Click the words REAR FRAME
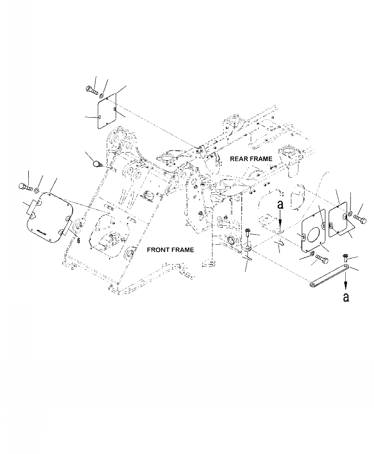[x=251, y=159]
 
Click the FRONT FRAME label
[x=170, y=249]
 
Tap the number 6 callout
[x=78, y=240]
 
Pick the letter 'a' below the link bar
[x=346, y=298]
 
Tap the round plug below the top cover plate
[x=97, y=164]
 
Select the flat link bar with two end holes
[x=329, y=276]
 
